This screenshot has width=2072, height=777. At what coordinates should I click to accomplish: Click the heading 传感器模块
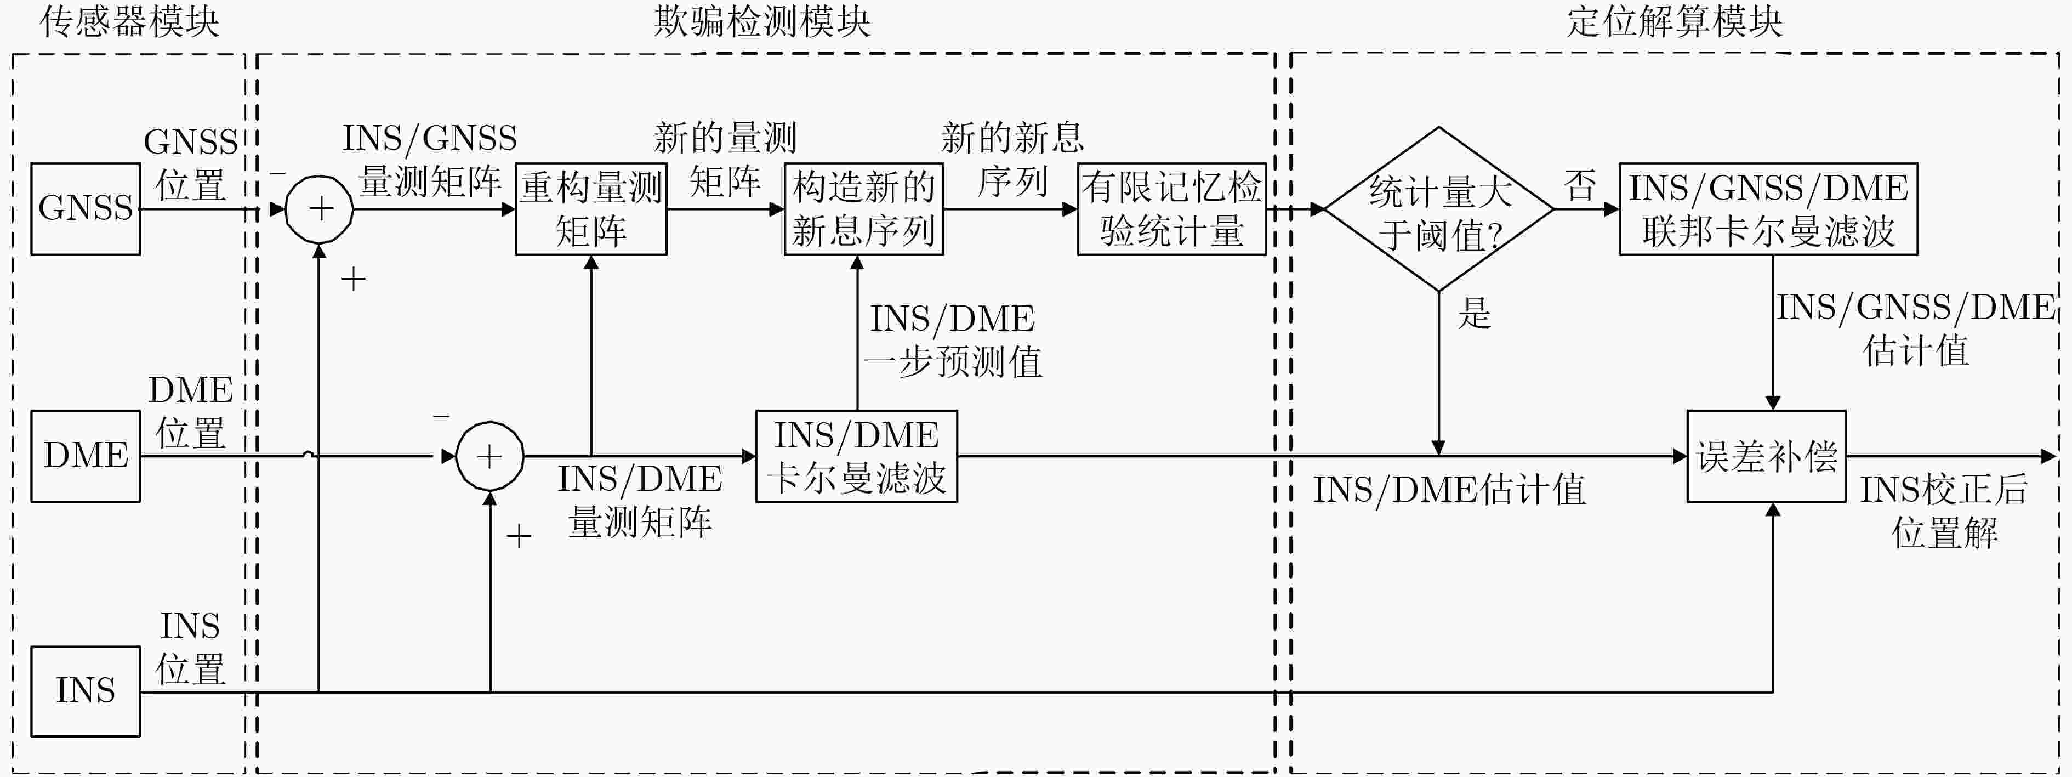(x=129, y=22)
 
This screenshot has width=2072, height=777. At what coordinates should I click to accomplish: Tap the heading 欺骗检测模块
(x=762, y=22)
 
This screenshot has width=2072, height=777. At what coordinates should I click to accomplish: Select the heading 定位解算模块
(x=1675, y=22)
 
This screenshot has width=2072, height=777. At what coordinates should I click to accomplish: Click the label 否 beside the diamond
(x=1580, y=186)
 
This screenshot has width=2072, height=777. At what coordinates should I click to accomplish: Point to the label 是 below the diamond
(x=1475, y=313)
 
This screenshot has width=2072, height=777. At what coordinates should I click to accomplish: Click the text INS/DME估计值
(x=1449, y=490)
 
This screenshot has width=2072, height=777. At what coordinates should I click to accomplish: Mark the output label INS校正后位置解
(x=1944, y=511)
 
